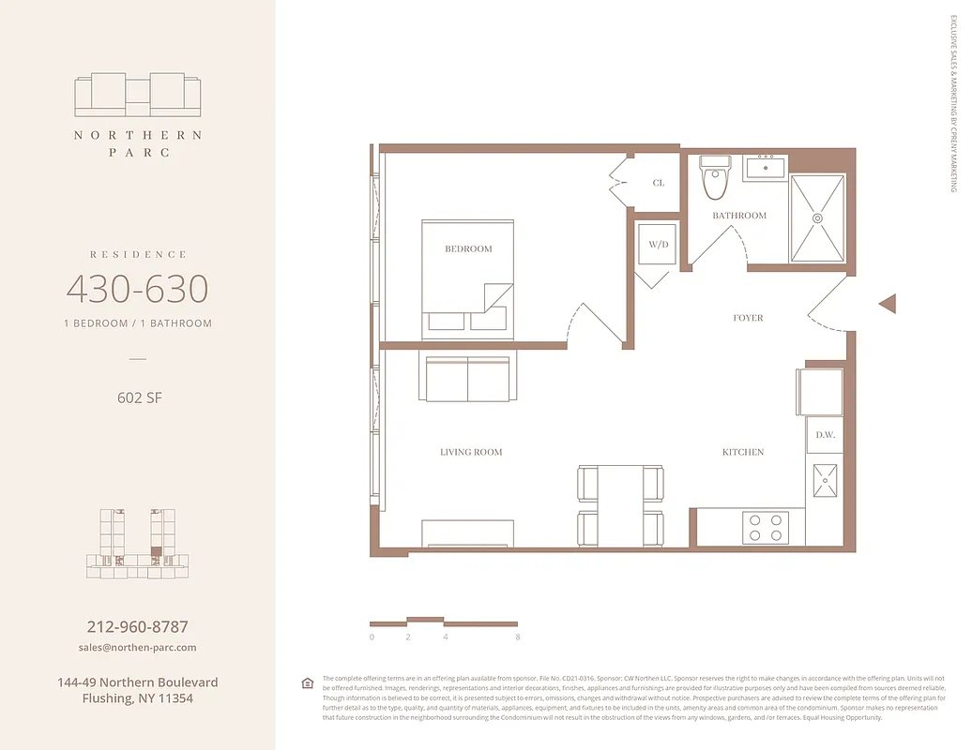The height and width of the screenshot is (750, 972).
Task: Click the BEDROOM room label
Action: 468,248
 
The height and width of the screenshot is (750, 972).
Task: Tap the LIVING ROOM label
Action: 471,452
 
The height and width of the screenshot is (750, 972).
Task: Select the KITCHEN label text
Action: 742,452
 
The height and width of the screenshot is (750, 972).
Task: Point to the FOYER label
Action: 748,318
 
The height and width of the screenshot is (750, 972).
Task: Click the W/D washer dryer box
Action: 659,245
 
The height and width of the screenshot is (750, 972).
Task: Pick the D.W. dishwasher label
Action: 825,435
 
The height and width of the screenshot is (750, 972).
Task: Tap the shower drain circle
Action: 817,217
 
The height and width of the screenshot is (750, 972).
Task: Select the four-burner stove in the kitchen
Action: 764,526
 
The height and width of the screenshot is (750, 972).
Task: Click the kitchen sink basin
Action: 825,481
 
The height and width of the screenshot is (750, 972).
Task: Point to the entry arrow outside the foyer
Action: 888,303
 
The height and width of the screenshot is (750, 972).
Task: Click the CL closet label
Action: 659,183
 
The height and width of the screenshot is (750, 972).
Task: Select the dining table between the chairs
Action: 620,504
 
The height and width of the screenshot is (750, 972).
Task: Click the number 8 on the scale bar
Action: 517,637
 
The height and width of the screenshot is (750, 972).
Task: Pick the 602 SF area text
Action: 137,397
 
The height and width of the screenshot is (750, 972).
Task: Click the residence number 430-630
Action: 137,289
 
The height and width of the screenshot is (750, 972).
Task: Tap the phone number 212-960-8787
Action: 137,626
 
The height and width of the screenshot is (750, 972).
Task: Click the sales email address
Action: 137,648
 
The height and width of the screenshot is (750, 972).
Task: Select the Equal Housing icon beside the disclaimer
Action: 307,682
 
